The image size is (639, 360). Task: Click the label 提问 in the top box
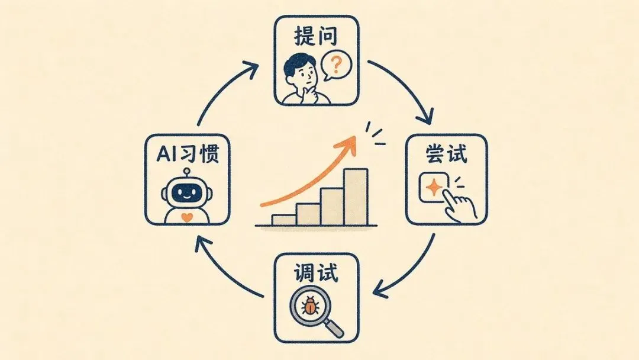click(x=316, y=36)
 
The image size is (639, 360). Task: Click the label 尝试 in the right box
click(x=447, y=154)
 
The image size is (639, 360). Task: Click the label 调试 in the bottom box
click(x=316, y=272)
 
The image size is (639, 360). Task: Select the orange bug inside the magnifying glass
click(x=311, y=305)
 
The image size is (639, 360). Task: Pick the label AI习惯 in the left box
click(x=188, y=154)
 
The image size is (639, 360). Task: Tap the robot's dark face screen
click(x=187, y=192)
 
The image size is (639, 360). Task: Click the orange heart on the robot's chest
click(x=186, y=217)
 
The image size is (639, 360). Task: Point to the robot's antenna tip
click(x=187, y=171)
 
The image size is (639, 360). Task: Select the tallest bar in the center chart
click(x=356, y=197)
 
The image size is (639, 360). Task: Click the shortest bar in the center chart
click(x=283, y=220)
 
